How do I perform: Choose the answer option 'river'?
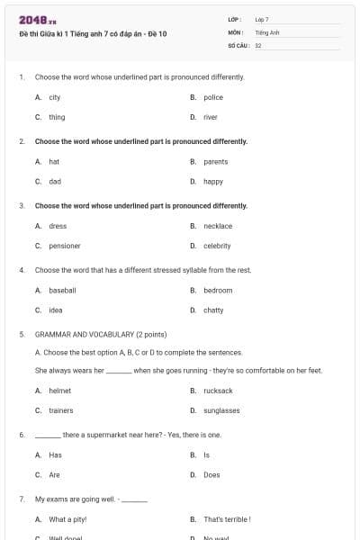click(x=211, y=117)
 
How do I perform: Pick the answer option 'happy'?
click(x=213, y=181)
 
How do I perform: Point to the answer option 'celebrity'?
click(x=217, y=246)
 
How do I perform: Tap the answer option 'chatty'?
click(x=213, y=310)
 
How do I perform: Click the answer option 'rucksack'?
click(x=218, y=391)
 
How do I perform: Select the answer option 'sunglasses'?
click(x=221, y=410)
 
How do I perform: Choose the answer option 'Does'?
click(x=211, y=474)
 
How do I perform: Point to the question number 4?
click(x=21, y=270)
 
